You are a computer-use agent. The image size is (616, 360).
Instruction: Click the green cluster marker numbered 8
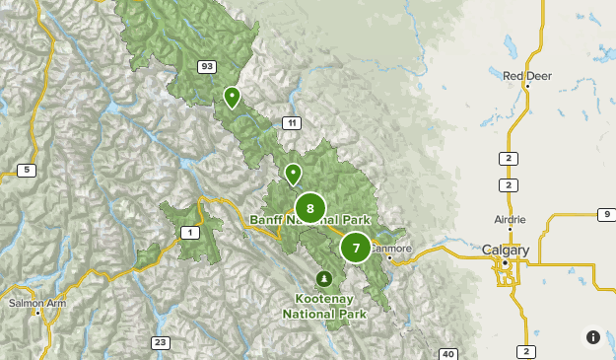(310, 208)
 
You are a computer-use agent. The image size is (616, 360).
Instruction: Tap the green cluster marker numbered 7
(356, 248)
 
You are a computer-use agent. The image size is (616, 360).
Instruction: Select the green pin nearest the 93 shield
(232, 97)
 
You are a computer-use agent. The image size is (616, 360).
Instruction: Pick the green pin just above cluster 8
(293, 174)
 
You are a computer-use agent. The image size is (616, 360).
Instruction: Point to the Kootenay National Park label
(324, 306)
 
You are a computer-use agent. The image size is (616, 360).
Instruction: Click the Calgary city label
(506, 251)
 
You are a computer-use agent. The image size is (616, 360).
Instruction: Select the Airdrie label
(510, 219)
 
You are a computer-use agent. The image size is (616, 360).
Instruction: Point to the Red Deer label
(526, 75)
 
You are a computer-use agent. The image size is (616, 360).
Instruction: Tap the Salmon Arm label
(35, 302)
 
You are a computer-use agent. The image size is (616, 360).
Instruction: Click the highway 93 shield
(206, 67)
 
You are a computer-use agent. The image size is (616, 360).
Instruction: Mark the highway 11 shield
(292, 122)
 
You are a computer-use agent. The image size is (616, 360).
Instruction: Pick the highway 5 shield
(27, 171)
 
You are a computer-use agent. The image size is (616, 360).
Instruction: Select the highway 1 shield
(187, 232)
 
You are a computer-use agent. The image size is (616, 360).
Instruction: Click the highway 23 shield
(160, 342)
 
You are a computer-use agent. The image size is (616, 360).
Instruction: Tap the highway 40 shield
(447, 354)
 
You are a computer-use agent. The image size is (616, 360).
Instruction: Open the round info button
(592, 336)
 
